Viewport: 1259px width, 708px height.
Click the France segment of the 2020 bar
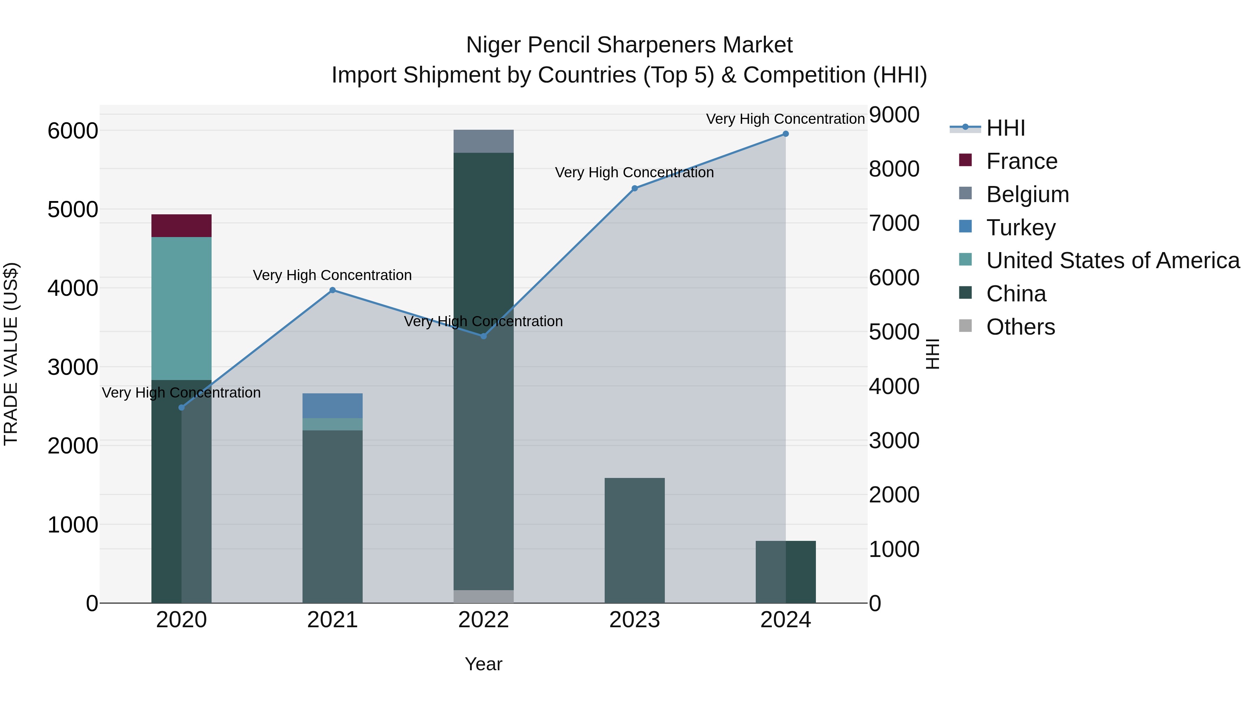tap(181, 226)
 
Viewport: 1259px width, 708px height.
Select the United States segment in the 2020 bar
tap(181, 308)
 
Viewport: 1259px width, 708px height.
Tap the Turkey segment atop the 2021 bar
tap(332, 406)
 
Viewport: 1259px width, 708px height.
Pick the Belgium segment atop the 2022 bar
tap(483, 141)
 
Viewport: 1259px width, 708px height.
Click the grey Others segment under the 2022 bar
tap(483, 596)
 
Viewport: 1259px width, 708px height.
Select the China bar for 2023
tap(634, 540)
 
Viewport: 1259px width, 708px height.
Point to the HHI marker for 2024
tap(785, 134)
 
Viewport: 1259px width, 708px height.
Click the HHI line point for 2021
tap(332, 290)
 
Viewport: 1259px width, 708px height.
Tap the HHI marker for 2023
tap(634, 188)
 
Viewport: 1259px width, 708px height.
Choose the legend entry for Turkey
tap(1020, 228)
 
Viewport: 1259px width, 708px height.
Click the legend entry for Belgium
tap(1027, 194)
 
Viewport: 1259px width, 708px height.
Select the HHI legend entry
tap(1005, 128)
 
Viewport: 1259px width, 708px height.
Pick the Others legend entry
tap(1020, 327)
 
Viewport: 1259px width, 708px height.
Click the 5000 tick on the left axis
tap(72, 210)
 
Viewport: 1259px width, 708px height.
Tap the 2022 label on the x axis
tap(483, 620)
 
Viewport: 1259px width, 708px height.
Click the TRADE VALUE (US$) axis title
tap(11, 354)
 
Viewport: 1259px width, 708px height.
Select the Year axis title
tap(483, 664)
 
